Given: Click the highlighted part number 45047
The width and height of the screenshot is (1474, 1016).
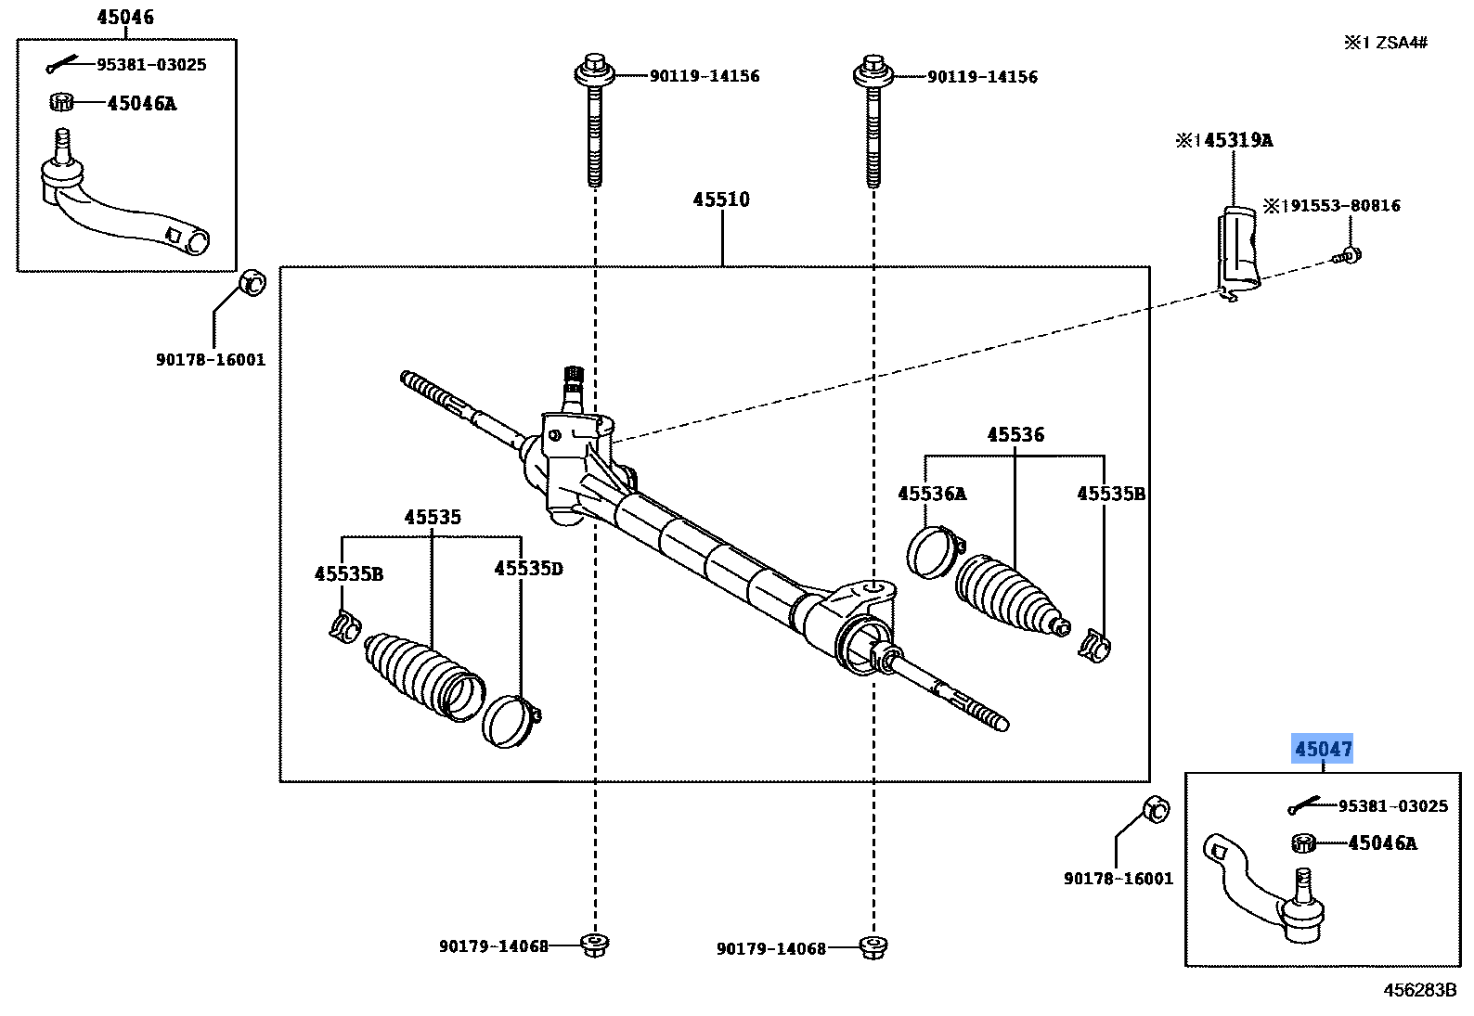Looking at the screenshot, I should coord(1323,749).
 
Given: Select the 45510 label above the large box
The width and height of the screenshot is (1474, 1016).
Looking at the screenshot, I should coord(721,199).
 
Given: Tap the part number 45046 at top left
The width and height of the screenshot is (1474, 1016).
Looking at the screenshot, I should coord(125,17).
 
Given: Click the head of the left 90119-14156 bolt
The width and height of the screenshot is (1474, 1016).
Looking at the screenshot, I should coord(594,71).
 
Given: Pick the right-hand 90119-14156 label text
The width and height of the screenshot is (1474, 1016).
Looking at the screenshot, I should coord(982,77).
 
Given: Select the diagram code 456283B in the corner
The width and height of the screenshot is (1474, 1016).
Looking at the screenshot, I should coord(1419,990).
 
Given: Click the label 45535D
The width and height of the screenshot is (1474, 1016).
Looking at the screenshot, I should coord(528,568).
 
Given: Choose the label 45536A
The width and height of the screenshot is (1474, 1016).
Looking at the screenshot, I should coord(931,494).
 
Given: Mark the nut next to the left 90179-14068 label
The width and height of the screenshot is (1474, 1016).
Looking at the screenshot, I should coord(594,945).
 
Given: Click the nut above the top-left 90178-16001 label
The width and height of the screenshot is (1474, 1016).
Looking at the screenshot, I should coord(252,282).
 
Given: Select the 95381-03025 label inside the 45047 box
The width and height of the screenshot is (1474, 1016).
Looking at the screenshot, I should coord(1392,806).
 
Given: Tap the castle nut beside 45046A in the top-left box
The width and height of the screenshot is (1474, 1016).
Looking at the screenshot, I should coord(61,102).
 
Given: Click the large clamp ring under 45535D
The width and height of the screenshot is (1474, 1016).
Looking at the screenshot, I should coord(510,721).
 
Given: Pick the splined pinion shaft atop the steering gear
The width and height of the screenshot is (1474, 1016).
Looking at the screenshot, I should coord(573,383).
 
